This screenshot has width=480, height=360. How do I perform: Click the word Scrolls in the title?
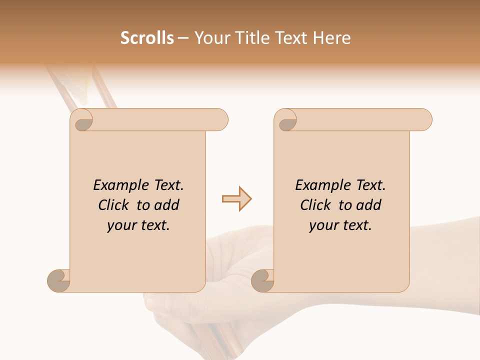[x=147, y=38]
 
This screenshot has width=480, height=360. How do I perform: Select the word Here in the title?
[x=332, y=38]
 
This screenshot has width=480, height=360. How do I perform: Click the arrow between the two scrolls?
[x=237, y=198]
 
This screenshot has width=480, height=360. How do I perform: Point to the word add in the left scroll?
[x=167, y=205]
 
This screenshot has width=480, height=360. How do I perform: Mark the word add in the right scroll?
[x=369, y=205]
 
